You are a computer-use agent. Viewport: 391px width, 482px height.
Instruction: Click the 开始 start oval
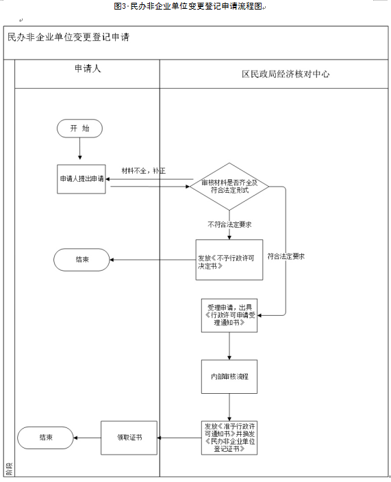tap(80, 129)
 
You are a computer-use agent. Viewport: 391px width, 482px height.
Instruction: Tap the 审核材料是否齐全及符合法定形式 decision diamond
tap(229, 186)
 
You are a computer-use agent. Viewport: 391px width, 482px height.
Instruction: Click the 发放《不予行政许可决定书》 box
tap(229, 259)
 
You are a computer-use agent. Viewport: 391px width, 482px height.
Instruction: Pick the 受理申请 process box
tap(229, 315)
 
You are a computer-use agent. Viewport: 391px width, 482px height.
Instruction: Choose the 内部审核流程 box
tap(229, 376)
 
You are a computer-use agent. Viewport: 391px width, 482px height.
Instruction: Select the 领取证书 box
tap(129, 437)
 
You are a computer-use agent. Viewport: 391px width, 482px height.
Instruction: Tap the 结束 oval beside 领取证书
tap(47, 437)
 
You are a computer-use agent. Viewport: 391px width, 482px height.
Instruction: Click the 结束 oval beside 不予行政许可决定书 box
tap(81, 259)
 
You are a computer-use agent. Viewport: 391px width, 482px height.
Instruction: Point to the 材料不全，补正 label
tap(144, 170)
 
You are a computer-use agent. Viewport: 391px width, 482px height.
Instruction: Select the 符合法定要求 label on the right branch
tap(286, 256)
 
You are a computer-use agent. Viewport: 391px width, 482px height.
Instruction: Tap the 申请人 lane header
tap(88, 72)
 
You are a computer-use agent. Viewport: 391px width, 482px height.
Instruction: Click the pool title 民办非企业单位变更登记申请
tap(68, 38)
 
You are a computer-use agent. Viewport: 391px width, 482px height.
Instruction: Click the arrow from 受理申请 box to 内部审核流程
tap(229, 346)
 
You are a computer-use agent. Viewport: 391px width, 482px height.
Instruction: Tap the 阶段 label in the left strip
tap(8, 470)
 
